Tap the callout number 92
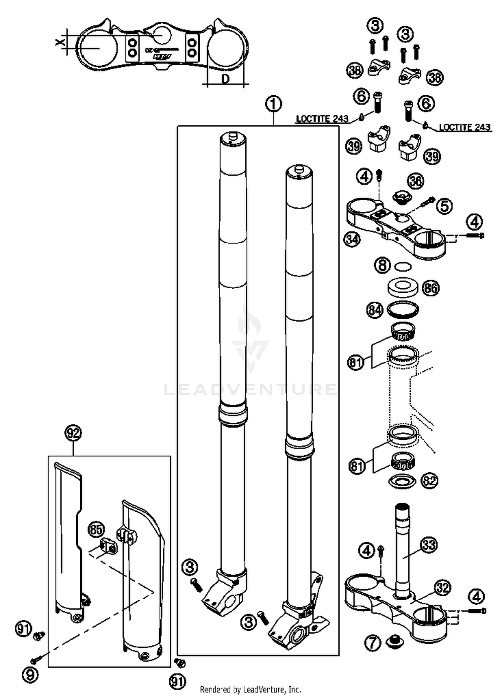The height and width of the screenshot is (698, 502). tap(73, 433)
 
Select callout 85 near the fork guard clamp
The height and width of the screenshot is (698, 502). tap(96, 530)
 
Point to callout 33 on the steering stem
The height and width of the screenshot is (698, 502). tap(429, 545)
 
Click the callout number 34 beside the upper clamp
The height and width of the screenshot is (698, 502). tap(352, 239)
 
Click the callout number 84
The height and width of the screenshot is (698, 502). tap(375, 310)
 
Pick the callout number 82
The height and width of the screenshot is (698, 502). tap(429, 481)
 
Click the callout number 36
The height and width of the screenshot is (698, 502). tap(415, 181)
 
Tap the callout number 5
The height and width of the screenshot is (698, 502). tap(444, 206)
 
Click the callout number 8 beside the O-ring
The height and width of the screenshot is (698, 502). tap(382, 266)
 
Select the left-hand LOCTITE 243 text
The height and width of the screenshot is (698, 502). tap(322, 119)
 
